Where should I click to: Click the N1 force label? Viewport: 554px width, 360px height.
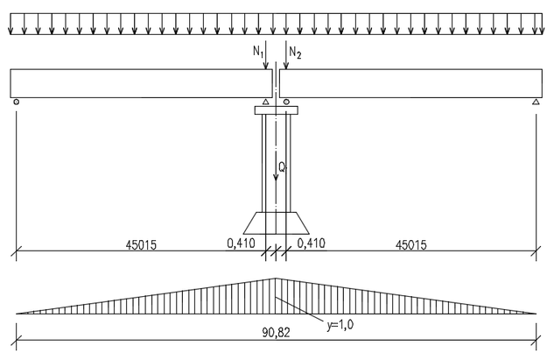point(258,52)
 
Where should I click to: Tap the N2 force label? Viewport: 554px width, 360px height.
point(295,53)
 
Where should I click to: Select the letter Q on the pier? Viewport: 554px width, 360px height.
point(282,166)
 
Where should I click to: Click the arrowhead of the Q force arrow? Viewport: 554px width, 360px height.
point(276,178)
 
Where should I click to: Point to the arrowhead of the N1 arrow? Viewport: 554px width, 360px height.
point(266,66)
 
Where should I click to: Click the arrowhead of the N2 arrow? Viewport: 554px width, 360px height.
point(286,66)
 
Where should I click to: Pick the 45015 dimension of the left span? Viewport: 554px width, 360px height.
point(141,244)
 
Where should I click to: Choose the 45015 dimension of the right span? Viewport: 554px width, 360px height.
point(411,244)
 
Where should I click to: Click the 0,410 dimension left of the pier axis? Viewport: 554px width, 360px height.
point(241,244)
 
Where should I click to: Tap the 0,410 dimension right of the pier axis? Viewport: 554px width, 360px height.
point(312,244)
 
